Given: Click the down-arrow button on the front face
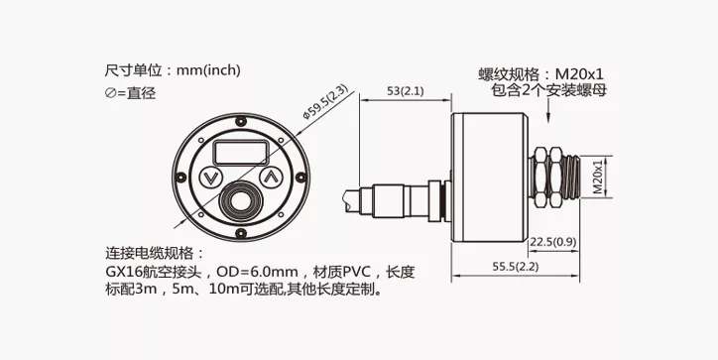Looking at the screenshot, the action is pyautogui.click(x=210, y=177).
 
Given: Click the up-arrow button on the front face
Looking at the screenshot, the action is pyautogui.click(x=271, y=177).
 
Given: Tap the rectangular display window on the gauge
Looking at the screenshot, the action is pyautogui.click(x=241, y=153).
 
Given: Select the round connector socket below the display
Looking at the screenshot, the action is pyautogui.click(x=241, y=200).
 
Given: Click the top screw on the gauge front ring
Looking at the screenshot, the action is pyautogui.click(x=241, y=121).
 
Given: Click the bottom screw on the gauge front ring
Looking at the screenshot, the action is pyautogui.click(x=241, y=233).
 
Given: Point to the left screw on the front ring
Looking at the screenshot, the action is pyautogui.click(x=181, y=177).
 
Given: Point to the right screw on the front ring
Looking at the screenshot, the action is pyautogui.click(x=300, y=177).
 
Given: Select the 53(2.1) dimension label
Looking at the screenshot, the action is pyautogui.click(x=406, y=91).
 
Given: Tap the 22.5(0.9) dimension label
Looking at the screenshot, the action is pyautogui.click(x=553, y=242).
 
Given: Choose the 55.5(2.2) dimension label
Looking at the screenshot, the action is pyautogui.click(x=515, y=266).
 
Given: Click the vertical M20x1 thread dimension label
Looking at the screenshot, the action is pyautogui.click(x=598, y=177).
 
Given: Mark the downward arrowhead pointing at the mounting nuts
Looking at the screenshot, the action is pyautogui.click(x=548, y=118).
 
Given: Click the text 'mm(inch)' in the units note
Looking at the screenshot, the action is pyautogui.click(x=208, y=70).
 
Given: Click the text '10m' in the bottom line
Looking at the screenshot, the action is pyautogui.click(x=221, y=290).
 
